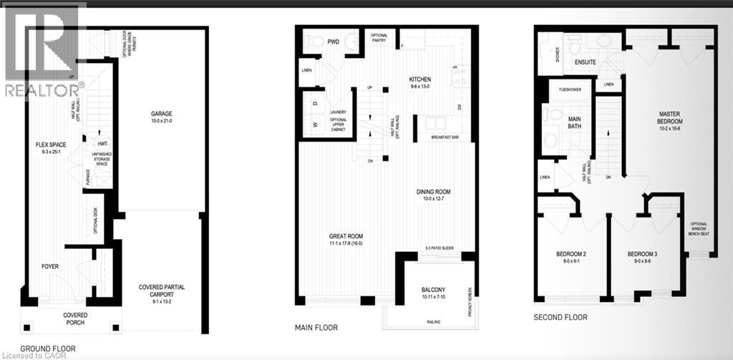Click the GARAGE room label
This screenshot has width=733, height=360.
162,114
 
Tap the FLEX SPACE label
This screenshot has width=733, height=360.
52,144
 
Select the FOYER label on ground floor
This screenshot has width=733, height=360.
50,266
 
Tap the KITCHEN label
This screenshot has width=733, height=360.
419,79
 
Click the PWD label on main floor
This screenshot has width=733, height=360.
334,42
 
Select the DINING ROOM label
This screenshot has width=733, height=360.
437,191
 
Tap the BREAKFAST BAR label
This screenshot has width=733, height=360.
445,137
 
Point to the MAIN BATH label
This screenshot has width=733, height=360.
574,122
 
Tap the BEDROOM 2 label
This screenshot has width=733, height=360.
571,254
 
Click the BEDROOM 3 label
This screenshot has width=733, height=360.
643,254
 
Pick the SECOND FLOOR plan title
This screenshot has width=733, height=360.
560,317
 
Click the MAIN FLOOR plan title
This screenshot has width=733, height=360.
316,328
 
